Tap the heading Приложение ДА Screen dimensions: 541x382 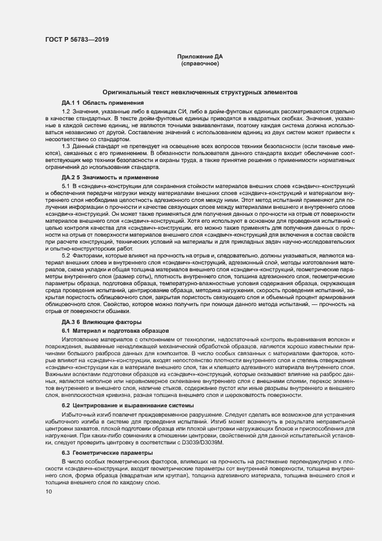[x=199, y=57]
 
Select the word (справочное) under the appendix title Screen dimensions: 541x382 [x=199, y=64]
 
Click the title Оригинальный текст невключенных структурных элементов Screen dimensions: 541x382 [x=199, y=93]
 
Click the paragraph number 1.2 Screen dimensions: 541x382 [x=66, y=110]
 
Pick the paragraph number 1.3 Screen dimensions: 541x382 [x=66, y=147]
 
